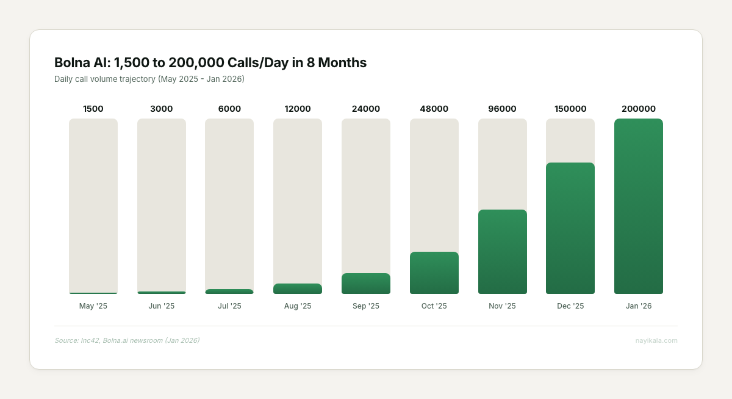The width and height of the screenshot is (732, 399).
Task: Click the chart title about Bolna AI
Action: coord(210,62)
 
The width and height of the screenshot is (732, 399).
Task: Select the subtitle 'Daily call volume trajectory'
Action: coord(149,79)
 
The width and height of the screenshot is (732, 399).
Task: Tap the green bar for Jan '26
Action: coord(638,206)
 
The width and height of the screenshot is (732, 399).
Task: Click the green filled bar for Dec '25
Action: coord(570,228)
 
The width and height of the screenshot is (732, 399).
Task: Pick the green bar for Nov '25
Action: coord(502,252)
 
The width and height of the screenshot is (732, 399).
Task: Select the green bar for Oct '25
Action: coord(434,273)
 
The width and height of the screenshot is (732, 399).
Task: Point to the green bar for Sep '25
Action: coord(366,284)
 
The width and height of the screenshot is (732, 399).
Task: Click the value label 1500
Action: coord(93,109)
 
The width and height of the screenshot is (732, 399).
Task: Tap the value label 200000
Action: coord(639,109)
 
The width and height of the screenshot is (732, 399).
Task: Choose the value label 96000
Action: coord(502,109)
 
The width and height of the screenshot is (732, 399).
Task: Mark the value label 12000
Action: coord(298,109)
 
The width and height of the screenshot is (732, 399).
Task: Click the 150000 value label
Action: coord(570,109)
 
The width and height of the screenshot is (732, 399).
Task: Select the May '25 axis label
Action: coord(93,306)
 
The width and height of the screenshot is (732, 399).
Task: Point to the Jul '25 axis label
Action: coord(229,306)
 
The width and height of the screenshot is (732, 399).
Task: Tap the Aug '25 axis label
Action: coord(298,306)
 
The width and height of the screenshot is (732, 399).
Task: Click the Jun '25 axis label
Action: coord(162,306)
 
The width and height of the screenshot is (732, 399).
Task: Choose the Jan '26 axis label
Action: coord(639,306)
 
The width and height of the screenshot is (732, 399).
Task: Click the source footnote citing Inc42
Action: coord(127,340)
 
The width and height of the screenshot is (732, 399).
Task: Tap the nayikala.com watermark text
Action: coord(656,340)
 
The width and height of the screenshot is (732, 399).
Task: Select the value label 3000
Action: coord(162,109)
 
